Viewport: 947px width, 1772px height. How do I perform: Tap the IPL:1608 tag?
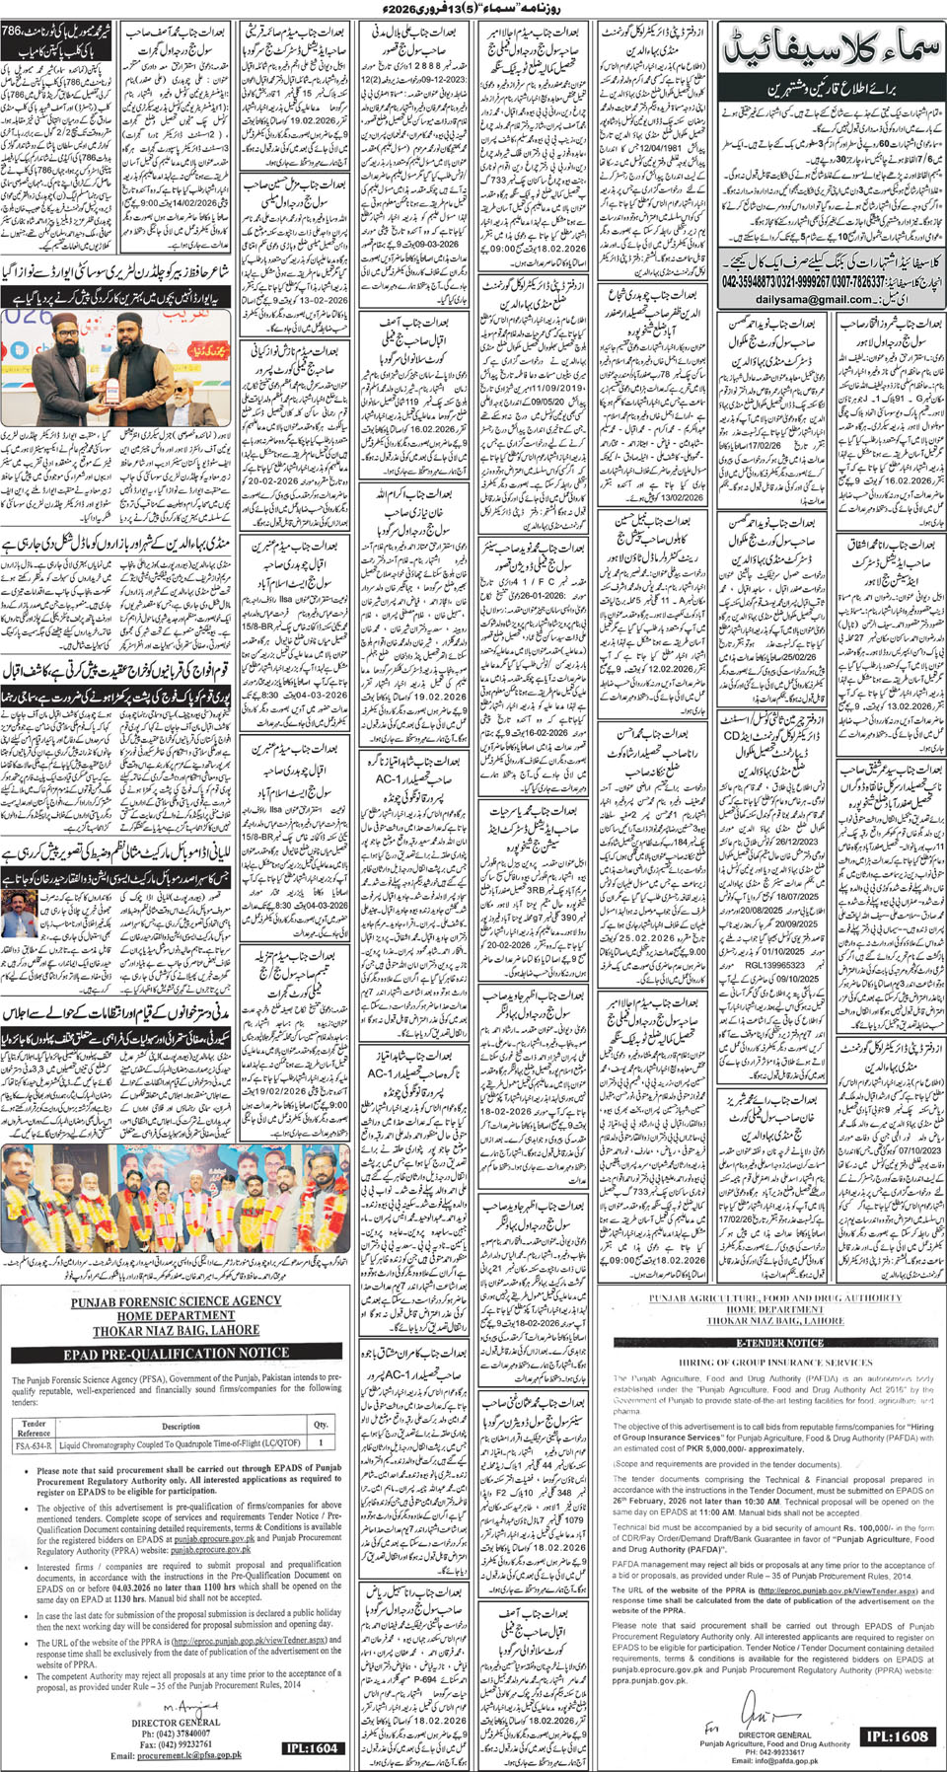(x=897, y=1735)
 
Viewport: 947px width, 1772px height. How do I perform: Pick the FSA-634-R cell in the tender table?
(x=34, y=1442)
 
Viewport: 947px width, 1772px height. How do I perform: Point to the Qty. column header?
(x=321, y=1425)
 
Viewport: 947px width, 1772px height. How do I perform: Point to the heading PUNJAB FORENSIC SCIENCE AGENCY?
(x=176, y=1301)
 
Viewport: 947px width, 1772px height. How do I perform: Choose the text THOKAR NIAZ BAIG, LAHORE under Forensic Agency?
(x=176, y=1329)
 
